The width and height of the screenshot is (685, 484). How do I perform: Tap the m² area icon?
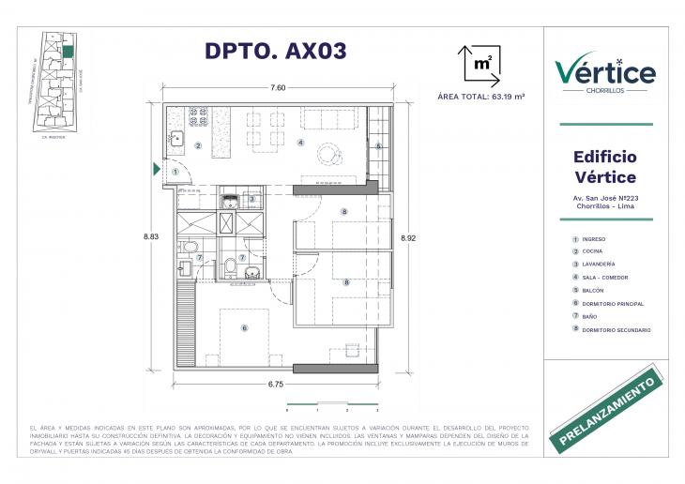[479, 65]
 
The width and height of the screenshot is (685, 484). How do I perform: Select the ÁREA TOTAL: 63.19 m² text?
[480, 97]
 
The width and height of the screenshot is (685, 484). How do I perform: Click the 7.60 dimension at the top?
[277, 87]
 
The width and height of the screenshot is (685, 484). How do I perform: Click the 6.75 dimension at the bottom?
[276, 383]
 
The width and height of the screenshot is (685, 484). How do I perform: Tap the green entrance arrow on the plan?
[157, 170]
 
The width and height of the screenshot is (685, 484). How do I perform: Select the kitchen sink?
[177, 140]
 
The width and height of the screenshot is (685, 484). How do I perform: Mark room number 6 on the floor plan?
[244, 328]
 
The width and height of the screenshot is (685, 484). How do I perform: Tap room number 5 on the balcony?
[379, 146]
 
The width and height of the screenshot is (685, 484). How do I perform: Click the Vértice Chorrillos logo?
[605, 72]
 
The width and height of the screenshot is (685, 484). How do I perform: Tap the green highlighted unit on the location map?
[68, 51]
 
